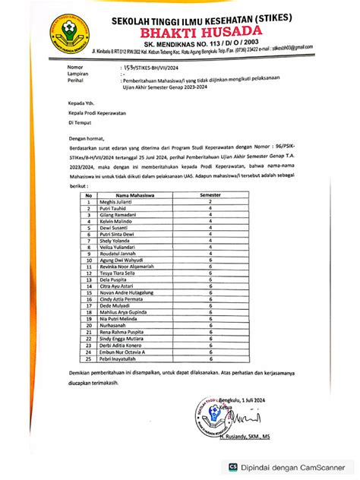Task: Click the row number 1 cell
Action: (x=89, y=201)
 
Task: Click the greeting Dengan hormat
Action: (x=87, y=140)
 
